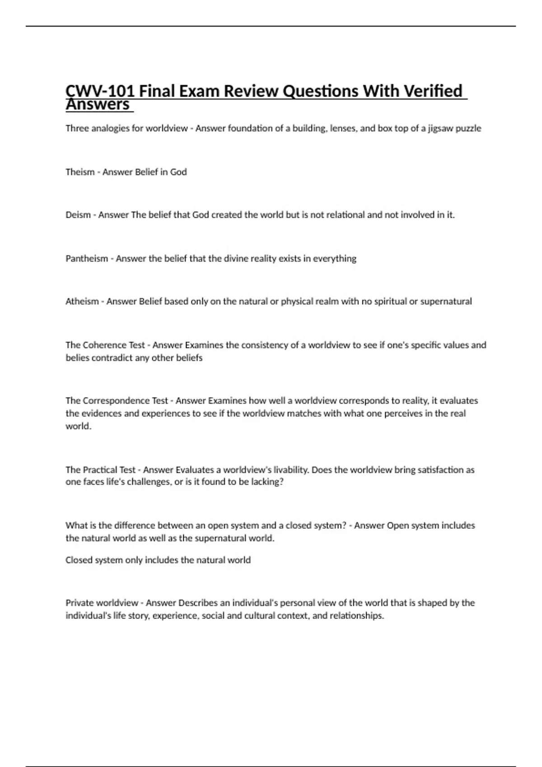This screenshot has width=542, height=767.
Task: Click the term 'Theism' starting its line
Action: (80, 172)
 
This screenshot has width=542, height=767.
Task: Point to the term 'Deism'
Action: (78, 215)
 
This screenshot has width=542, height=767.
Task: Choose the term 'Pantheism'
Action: (87, 259)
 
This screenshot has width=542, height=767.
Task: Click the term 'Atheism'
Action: (82, 301)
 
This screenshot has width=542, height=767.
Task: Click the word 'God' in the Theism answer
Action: (178, 172)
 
